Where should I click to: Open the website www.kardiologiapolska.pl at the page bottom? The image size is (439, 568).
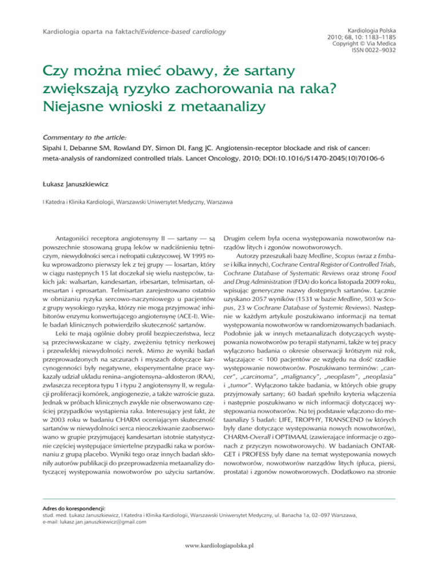219,559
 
